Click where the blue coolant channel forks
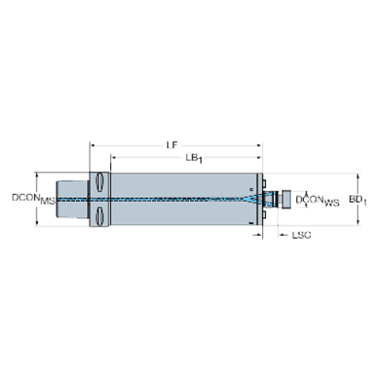click(250, 199)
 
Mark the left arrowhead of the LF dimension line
click(93, 144)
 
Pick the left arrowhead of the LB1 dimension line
click(115, 159)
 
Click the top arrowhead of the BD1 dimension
click(358, 174)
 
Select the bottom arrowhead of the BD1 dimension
click(358, 224)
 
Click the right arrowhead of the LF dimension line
click(261, 144)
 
